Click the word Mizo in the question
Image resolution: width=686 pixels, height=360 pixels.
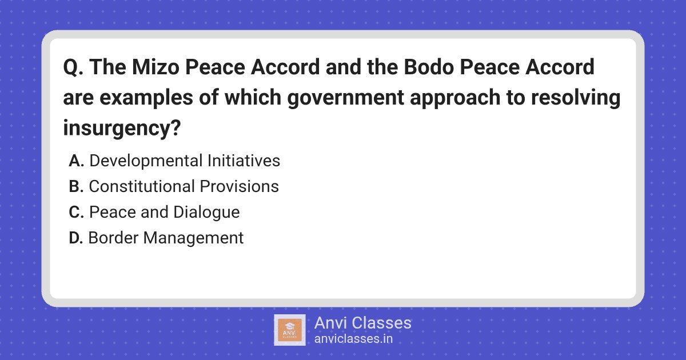click(x=155, y=67)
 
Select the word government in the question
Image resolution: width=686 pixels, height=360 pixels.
click(x=346, y=98)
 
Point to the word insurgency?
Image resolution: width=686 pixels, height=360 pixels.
click(x=122, y=128)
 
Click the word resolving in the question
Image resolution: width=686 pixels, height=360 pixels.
click(x=576, y=98)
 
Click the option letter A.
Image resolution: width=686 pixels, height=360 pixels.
click(x=77, y=161)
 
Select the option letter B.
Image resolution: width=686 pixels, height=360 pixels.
click(x=76, y=186)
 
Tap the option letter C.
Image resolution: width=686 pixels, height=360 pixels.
click(x=77, y=212)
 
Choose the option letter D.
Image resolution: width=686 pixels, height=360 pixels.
click(x=76, y=238)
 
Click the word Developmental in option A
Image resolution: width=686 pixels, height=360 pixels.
click(x=146, y=161)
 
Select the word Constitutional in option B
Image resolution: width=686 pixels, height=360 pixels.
click(x=142, y=186)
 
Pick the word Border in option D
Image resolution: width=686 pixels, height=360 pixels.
click(x=113, y=238)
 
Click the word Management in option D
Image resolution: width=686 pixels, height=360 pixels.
click(x=193, y=238)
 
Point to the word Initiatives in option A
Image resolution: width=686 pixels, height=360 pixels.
click(x=244, y=161)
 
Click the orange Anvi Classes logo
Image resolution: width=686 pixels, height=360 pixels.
click(x=290, y=330)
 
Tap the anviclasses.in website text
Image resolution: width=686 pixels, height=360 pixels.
click(x=353, y=339)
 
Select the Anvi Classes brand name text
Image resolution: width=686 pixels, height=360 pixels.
click(x=363, y=323)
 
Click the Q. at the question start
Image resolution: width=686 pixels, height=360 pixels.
click(x=73, y=67)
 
